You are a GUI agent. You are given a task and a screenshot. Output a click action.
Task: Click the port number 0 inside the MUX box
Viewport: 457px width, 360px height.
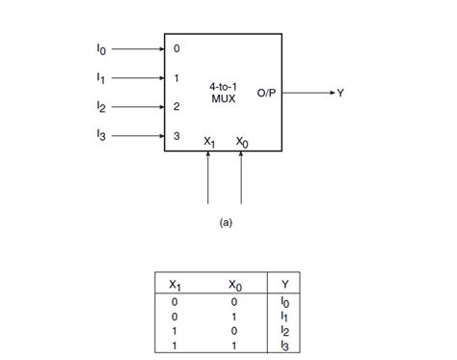pos(175,46)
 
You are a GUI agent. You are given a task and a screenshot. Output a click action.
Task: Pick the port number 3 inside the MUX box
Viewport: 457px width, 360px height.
pos(175,137)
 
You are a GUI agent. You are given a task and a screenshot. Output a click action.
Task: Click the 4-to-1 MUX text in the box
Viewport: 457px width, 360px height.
pos(224,93)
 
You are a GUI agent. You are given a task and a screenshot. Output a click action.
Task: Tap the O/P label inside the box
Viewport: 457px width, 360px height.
pos(267,93)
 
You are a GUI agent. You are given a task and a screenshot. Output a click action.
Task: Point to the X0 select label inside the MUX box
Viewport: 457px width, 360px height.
pos(241,141)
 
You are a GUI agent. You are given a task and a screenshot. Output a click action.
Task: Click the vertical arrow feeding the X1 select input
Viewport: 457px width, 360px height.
pos(208,179)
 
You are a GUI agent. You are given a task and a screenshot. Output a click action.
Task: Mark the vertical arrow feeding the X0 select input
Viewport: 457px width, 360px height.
pos(240,179)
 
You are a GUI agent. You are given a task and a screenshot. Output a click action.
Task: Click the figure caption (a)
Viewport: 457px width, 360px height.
pos(226,221)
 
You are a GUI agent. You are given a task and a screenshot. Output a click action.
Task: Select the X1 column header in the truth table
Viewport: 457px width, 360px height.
pos(174,284)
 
